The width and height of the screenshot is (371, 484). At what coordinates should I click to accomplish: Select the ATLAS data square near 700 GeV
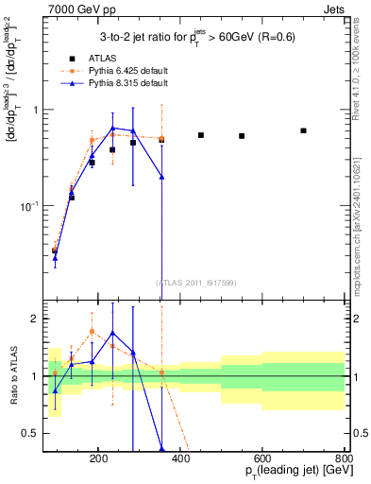point(303,130)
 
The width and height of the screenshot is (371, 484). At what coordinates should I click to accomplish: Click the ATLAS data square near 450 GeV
point(201,135)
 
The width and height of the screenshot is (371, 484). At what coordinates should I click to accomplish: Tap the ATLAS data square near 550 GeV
point(242,136)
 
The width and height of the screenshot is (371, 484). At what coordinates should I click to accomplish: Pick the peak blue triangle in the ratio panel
point(112,333)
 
